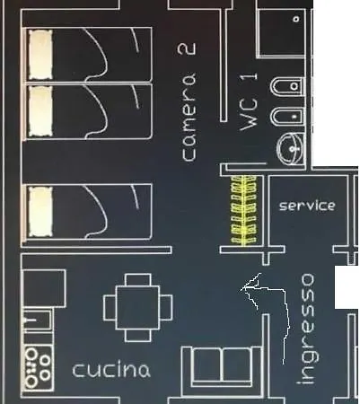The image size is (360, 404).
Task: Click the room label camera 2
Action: pyautogui.click(x=189, y=102)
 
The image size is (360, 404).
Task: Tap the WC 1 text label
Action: pyautogui.click(x=249, y=102)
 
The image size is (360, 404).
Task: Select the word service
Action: pyautogui.click(x=307, y=206)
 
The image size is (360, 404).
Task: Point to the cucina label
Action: pyautogui.click(x=111, y=370)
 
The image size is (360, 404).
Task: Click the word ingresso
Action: pyautogui.click(x=306, y=329)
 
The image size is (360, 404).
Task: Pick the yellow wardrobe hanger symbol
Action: pyautogui.click(x=244, y=209)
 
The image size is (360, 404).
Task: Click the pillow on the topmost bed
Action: pyautogui.click(x=40, y=55)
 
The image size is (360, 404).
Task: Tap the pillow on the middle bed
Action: pyautogui.click(x=40, y=111)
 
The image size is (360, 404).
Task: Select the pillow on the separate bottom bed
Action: pyautogui.click(x=40, y=211)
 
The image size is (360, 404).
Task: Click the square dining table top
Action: pyautogui.click(x=137, y=308)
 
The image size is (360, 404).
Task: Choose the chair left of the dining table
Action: pyautogui.click(x=110, y=307)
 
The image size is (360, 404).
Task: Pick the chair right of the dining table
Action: pyautogui.click(x=166, y=307)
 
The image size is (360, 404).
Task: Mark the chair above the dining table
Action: pyautogui.click(x=138, y=280)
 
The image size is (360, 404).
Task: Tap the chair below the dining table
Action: pyautogui.click(x=138, y=335)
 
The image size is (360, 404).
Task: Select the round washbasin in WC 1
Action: pyautogui.click(x=290, y=149)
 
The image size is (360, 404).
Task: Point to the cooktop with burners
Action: pyautogui.click(x=38, y=367)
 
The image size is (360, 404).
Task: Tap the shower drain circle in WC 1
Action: pyautogui.click(x=296, y=19)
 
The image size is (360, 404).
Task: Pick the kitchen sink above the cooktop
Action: pyautogui.click(x=38, y=321)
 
